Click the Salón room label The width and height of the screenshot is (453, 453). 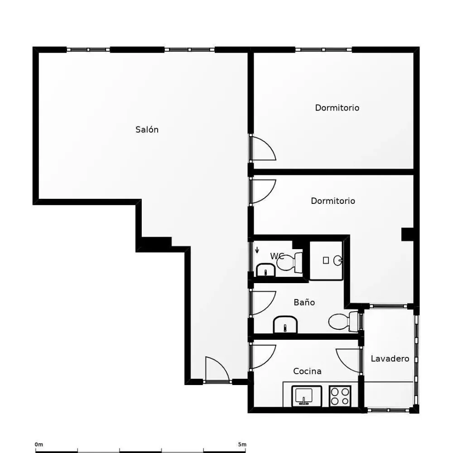[147, 130]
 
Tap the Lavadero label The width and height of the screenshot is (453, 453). [390, 358]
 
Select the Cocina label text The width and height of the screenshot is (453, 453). [307, 371]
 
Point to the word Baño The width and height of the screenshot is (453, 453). [304, 302]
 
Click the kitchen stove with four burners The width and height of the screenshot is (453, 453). [340, 396]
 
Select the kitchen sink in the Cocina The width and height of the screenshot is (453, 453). [307, 396]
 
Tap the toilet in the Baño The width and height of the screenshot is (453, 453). [345, 321]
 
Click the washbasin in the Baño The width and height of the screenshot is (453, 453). [285, 324]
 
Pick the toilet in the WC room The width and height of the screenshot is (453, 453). [289, 262]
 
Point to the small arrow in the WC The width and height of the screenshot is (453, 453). [257, 250]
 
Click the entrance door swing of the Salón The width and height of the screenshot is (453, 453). [217, 369]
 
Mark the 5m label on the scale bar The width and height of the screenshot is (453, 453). [242, 444]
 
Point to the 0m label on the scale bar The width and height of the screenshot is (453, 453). [39, 444]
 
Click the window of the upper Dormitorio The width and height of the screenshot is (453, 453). [323, 50]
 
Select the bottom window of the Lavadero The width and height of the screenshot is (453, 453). [388, 410]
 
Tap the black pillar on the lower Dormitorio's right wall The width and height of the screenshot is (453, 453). [407, 234]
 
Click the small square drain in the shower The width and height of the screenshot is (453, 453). [326, 260]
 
